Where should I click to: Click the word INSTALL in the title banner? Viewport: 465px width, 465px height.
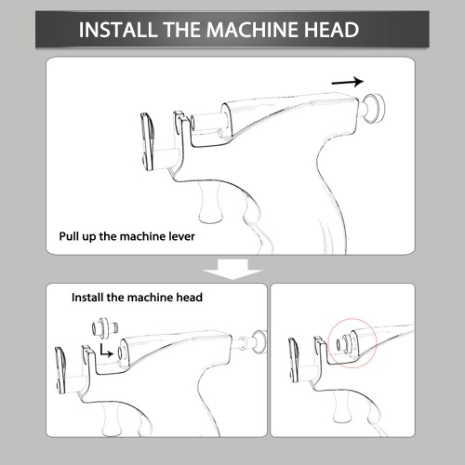pos(118,30)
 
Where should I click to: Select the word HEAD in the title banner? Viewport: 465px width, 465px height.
pos(331,30)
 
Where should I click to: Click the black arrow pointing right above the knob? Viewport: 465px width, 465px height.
pos(348,82)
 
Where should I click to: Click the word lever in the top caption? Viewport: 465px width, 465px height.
pos(182,236)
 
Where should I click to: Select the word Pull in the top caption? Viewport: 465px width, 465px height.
pos(69,236)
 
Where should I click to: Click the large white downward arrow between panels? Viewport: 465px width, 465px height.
pos(232,269)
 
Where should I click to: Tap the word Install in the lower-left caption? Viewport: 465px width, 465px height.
pos(87,298)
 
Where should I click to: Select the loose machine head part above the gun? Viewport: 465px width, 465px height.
pos(105,327)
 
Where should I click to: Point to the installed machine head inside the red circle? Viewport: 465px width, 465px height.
pos(347,343)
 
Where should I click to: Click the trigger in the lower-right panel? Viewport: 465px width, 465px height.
pos(342,407)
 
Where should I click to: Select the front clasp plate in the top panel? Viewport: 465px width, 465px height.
pos(147,142)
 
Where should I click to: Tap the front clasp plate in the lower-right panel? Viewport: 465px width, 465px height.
pos(293,360)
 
